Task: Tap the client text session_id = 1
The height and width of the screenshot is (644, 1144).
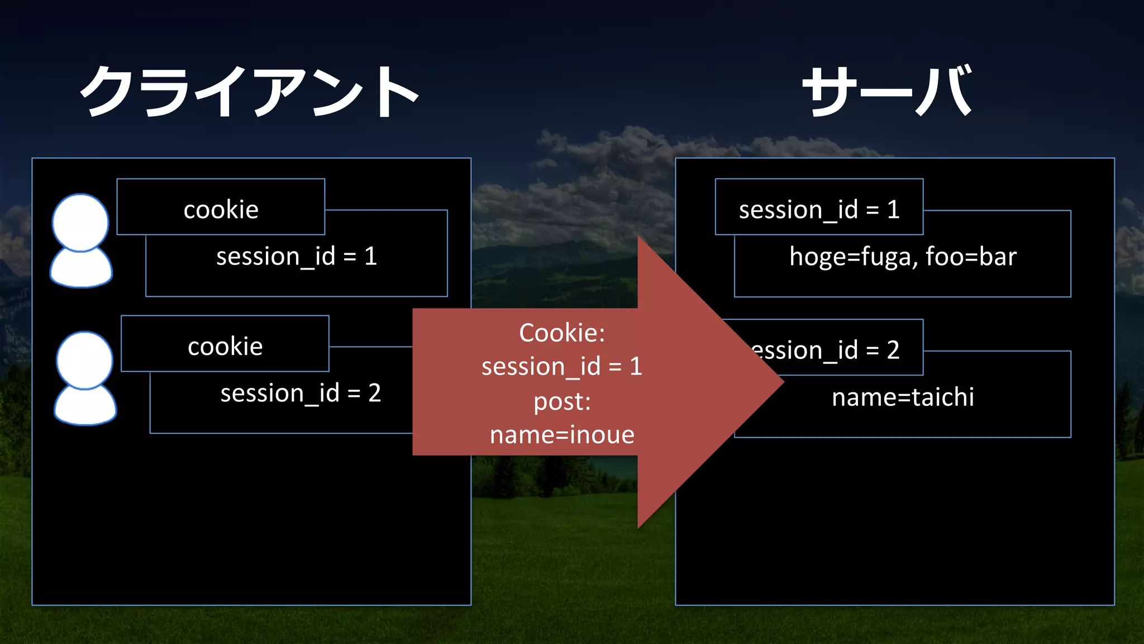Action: [x=297, y=257]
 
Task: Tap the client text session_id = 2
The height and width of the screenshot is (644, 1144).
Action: [x=301, y=393]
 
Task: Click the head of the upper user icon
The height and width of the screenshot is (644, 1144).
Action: [x=80, y=222]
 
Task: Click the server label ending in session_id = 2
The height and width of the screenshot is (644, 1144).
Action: [x=838, y=349]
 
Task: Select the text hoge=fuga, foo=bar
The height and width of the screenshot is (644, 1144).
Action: [x=903, y=257]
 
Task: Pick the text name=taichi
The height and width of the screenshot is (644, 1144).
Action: [x=903, y=397]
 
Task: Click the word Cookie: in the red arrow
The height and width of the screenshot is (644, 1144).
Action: [x=562, y=333]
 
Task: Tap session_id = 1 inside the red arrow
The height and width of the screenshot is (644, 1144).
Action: [x=562, y=367]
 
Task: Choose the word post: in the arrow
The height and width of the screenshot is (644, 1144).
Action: [x=562, y=401]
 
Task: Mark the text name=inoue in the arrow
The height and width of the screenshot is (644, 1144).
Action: [x=562, y=435]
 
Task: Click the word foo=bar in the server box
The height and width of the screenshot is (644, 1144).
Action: [x=971, y=257]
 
